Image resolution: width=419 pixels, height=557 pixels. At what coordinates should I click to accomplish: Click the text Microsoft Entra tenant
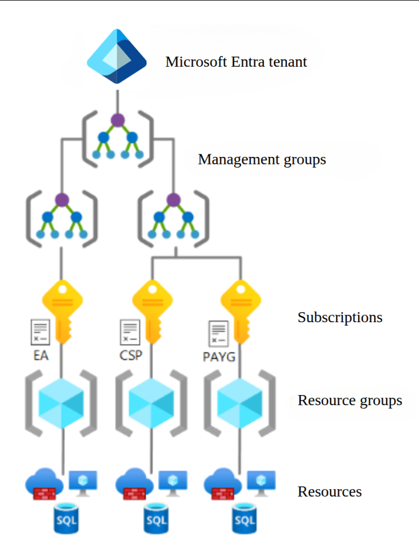point(236,62)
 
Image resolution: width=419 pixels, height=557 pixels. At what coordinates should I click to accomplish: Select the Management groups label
point(261,159)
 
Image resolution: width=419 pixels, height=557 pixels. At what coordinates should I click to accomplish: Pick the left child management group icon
point(61,217)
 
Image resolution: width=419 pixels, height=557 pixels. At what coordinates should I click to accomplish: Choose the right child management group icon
point(174,217)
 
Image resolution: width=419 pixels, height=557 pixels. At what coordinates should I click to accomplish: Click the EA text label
point(40,356)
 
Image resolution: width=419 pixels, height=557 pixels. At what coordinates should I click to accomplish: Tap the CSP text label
point(131,356)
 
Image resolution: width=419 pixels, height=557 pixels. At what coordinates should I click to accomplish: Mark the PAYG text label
point(219,357)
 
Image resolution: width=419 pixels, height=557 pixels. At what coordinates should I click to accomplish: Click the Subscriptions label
point(339,317)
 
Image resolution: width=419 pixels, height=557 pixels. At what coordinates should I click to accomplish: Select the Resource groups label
point(349,400)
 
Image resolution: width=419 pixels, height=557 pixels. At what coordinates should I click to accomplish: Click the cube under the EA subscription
point(61,402)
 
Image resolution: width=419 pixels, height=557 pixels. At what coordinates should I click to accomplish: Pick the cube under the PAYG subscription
point(240,402)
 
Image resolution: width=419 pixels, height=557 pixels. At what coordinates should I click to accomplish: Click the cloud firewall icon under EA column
point(45,485)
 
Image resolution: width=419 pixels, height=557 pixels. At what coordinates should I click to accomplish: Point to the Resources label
point(329,492)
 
